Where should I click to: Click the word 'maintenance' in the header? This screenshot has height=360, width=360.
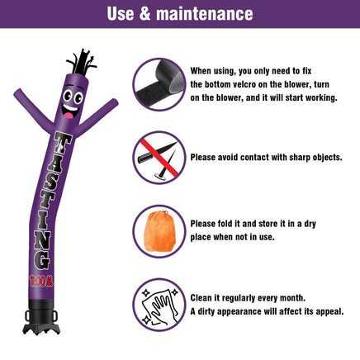tap(205, 14)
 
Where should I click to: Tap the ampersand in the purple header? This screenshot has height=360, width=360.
tap(144, 14)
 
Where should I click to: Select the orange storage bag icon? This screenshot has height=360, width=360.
tap(159, 231)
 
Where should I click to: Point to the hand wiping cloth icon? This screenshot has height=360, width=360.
tap(159, 306)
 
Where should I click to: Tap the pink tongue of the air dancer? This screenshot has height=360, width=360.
tap(69, 115)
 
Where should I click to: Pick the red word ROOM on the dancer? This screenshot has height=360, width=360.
tap(41, 281)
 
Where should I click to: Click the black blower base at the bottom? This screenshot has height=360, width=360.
tap(41, 317)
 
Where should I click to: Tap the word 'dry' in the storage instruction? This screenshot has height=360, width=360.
tap(310, 224)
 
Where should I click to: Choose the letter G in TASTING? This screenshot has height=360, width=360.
tap(42, 260)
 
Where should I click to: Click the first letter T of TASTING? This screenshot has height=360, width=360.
tap(62, 143)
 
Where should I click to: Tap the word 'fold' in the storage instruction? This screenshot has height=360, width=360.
tap(225, 224)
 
